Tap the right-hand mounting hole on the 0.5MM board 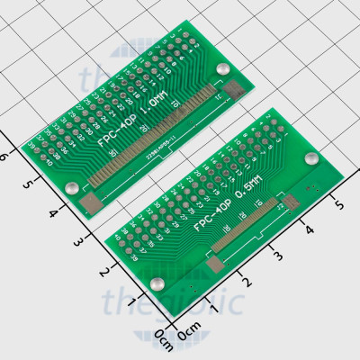310,159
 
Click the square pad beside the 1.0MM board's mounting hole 237,88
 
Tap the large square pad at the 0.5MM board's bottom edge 214,263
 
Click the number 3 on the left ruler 79,242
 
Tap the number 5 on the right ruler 338,206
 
